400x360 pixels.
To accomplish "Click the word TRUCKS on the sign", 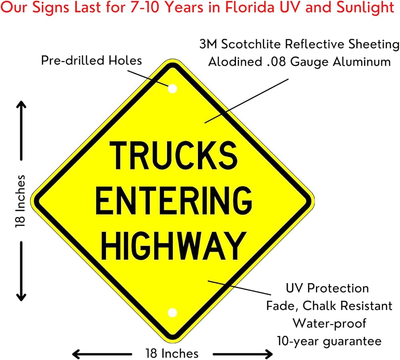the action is pos(173,155).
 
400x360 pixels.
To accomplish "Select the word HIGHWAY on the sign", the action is pos(172,245).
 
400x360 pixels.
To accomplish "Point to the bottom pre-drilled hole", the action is pos(173,312).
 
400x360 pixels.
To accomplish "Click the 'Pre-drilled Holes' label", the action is pos(92,61).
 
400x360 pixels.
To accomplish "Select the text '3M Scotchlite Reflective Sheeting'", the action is pos(299,44).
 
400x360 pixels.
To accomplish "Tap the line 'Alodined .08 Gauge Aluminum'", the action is pos(299,62).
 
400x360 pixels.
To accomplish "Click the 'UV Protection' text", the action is pos(327,288).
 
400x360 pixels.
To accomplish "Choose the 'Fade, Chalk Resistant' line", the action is pos(329,306).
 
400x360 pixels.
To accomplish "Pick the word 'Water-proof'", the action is pos(329,323).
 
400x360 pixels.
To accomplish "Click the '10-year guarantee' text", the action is pos(329,341).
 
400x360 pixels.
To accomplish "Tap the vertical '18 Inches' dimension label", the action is pos(20,201).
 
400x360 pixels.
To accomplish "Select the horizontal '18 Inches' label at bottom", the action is pos(172,354).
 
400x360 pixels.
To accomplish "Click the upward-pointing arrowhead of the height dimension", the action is pos(21,105).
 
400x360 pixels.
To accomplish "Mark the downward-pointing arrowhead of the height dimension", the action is pos(21,297).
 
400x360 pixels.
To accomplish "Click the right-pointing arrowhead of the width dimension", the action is pos(269,354).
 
